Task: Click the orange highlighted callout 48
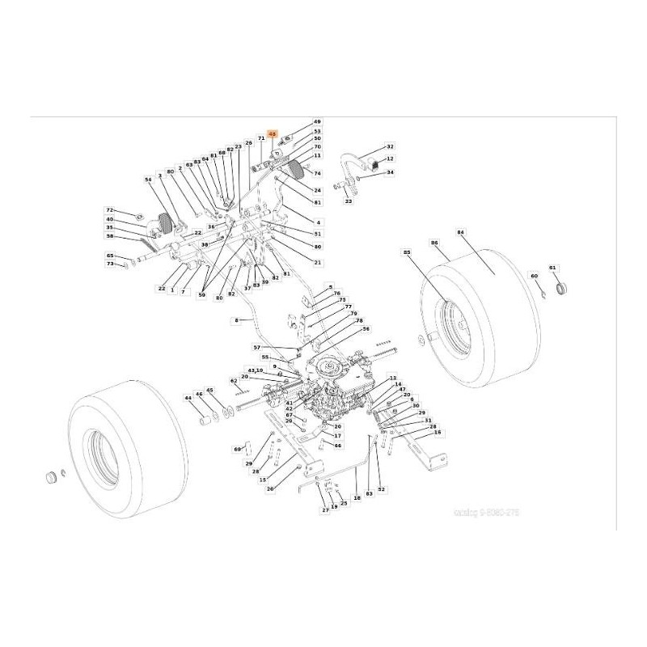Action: point(273,134)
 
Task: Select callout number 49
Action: point(317,121)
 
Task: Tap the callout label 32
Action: point(390,146)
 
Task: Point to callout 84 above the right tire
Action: point(461,233)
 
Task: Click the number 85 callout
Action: point(407,252)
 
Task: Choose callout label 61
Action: point(553,268)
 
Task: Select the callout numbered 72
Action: point(110,210)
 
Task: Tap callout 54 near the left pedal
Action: point(148,180)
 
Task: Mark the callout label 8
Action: point(237,321)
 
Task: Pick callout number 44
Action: point(188,398)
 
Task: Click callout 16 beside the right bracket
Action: point(438,433)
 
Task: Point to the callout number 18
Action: point(357,499)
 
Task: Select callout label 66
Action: point(338,445)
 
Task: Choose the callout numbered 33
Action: point(349,201)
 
